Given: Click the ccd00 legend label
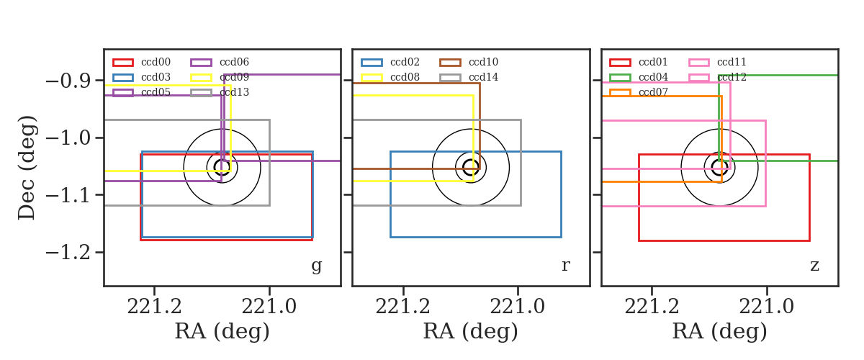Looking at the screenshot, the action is (156, 62).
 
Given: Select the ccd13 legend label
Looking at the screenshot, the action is (235, 92).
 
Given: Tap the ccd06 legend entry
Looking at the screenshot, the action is (235, 62).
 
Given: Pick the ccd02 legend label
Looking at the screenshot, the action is (405, 62).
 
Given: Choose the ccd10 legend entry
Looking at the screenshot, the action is (484, 62).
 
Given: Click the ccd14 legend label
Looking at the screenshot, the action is (484, 77).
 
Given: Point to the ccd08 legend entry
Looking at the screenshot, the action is (405, 77).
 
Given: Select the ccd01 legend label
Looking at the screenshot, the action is (654, 62).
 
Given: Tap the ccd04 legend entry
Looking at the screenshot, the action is (654, 77).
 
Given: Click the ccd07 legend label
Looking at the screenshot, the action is (654, 92).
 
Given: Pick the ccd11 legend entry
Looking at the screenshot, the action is (732, 62).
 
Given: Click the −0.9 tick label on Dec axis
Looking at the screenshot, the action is (68, 81).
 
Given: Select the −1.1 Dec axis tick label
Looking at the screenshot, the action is (68, 196).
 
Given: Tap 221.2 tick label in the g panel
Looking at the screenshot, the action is (154, 307).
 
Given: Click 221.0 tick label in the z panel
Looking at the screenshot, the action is (766, 307).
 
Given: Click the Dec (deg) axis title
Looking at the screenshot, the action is (27, 168).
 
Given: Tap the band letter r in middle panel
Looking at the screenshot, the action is (565, 266).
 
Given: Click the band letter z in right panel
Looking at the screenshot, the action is (814, 266).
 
